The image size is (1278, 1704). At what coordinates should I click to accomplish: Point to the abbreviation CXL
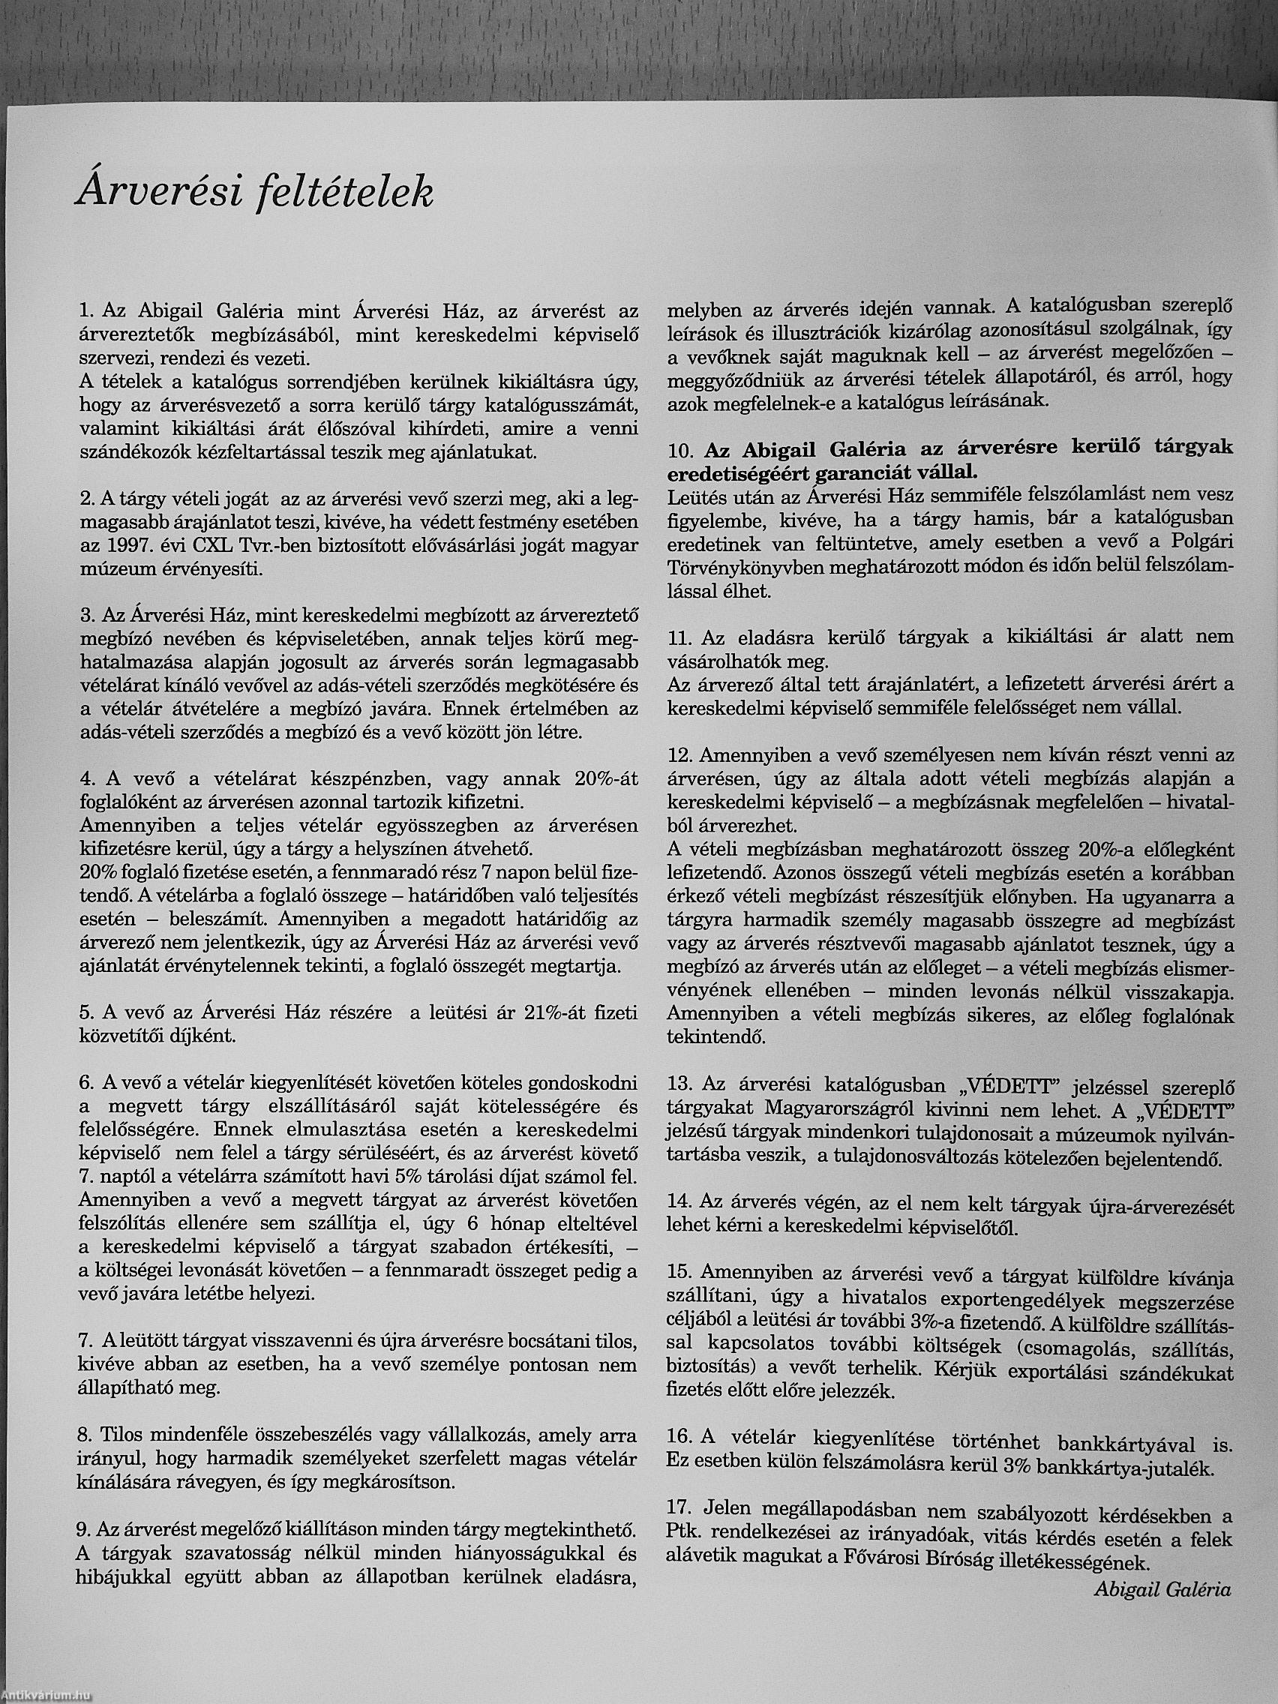[197, 546]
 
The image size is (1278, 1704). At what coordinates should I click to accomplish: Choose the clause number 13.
[680, 1085]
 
